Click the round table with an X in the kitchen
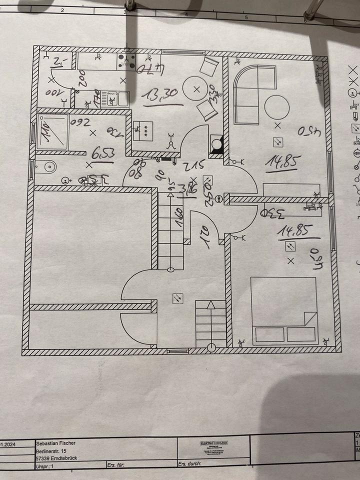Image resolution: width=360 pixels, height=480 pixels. coord(196,89)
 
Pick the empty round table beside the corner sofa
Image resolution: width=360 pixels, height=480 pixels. coord(276,107)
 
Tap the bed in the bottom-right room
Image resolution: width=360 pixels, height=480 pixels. coord(283,310)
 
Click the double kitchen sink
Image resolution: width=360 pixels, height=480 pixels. coord(115,98)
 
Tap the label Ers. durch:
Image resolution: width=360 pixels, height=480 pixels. coord(189,463)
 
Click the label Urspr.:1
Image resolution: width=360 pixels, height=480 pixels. coord(45,465)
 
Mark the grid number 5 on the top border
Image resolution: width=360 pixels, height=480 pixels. coord(246,17)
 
